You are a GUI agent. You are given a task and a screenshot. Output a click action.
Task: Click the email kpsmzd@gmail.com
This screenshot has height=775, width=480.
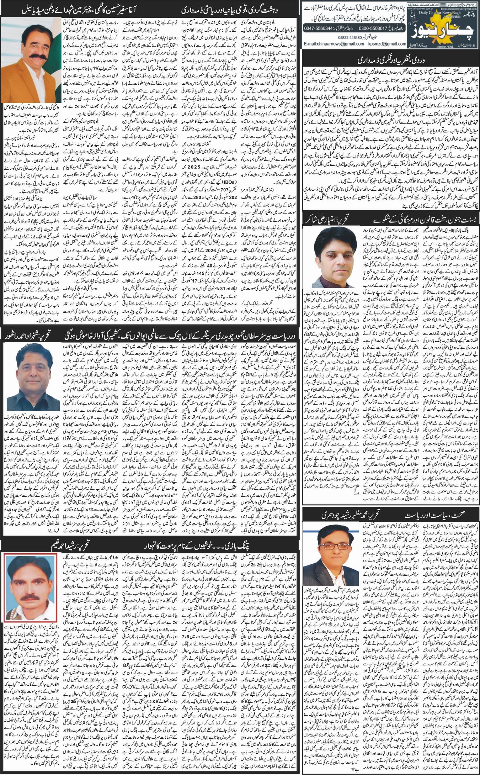point(386,44)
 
